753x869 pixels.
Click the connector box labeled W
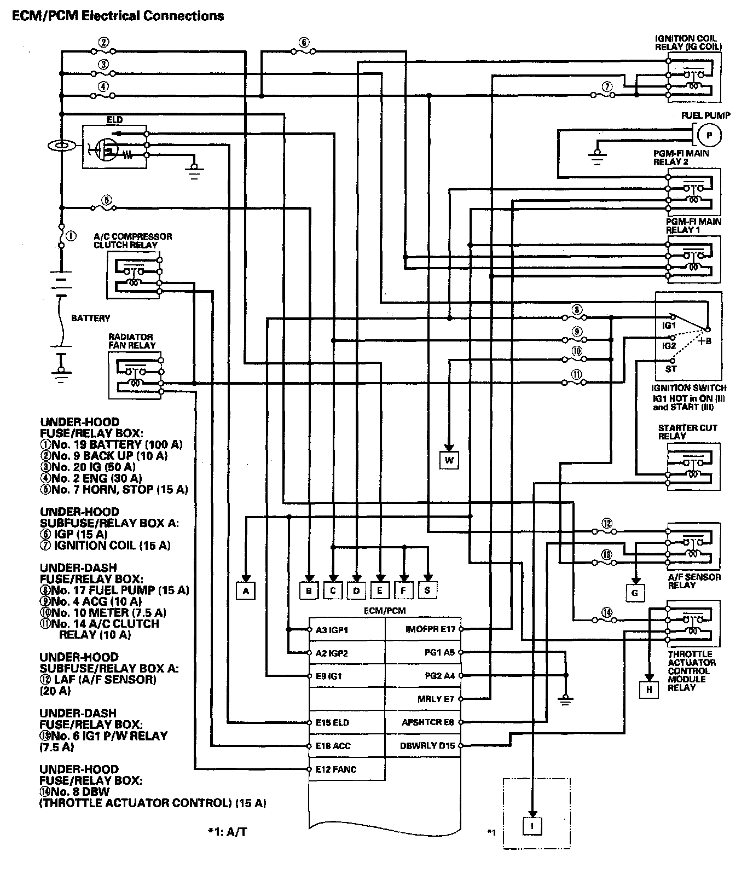point(449,460)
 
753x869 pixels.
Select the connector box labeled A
point(246,590)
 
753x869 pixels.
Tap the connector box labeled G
point(635,593)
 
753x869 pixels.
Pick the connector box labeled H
point(649,690)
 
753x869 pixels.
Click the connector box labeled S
point(427,590)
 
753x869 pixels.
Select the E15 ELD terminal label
point(332,722)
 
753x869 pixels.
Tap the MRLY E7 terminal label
point(436,699)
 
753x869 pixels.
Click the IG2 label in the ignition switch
point(669,346)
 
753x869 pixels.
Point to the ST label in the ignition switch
point(671,369)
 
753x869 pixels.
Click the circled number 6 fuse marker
point(304,42)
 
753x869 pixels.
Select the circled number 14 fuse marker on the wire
point(606,612)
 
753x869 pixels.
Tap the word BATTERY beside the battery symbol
point(90,318)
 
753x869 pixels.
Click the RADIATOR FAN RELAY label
point(131,341)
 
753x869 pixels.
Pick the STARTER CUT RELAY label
point(687,432)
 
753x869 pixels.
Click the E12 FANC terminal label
point(335,769)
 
